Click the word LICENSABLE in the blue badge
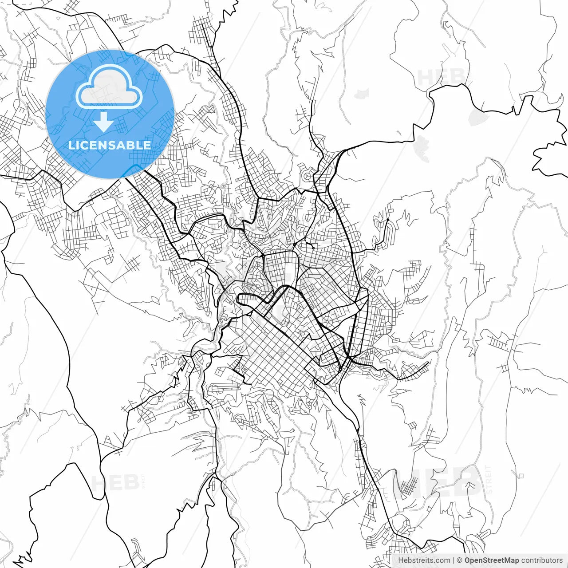tap(109, 145)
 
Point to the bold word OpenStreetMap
tap(492, 560)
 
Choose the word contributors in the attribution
tap(542, 560)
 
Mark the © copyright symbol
tap(460, 560)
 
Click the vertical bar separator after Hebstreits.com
tap(453, 560)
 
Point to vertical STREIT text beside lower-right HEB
tap(489, 480)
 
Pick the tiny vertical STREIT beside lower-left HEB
tap(143, 481)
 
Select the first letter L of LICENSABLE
tap(71, 145)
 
